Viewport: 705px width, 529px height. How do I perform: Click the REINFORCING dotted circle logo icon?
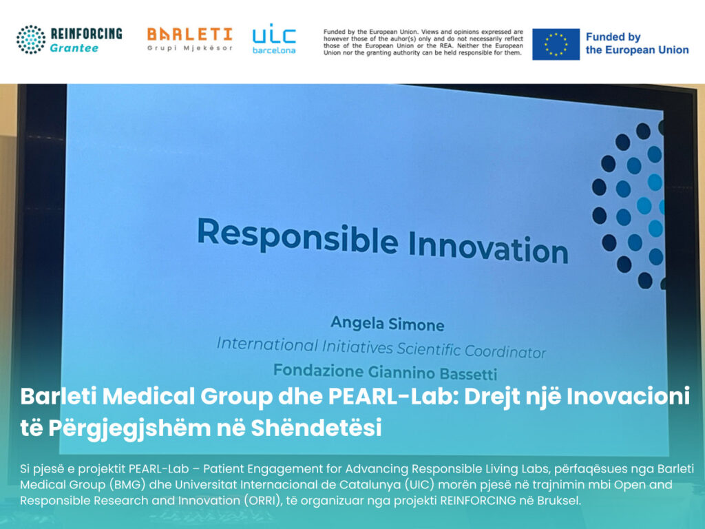pyautogui.click(x=31, y=39)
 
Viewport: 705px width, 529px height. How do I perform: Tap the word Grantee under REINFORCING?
pyautogui.click(x=74, y=48)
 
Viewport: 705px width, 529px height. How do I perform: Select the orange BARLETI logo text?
pyautogui.click(x=190, y=34)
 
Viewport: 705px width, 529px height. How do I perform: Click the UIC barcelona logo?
pyautogui.click(x=274, y=39)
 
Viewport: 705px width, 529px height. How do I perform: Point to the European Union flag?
pyautogui.click(x=556, y=44)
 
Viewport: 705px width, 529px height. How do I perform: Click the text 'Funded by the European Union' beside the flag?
pyautogui.click(x=637, y=43)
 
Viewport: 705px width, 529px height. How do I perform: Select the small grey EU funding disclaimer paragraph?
pyautogui.click(x=423, y=42)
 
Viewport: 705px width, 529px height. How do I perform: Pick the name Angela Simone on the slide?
pyautogui.click(x=388, y=324)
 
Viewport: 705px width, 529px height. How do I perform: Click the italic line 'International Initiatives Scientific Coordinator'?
pyautogui.click(x=381, y=348)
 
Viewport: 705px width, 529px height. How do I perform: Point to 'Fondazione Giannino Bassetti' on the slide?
pyautogui.click(x=386, y=372)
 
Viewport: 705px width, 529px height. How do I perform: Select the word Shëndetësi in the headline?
pyautogui.click(x=316, y=428)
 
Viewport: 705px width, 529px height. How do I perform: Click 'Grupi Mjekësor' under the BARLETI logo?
pyautogui.click(x=190, y=48)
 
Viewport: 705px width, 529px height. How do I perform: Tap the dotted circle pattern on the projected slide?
pyautogui.click(x=629, y=205)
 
